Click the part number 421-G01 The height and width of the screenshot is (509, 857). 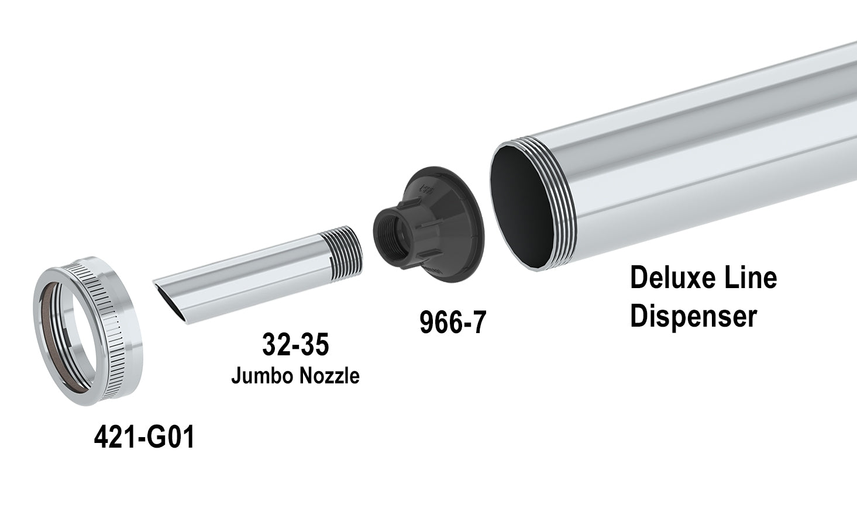[x=144, y=437]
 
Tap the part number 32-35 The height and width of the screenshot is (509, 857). [x=295, y=345]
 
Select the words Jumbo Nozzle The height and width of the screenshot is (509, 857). [x=295, y=376]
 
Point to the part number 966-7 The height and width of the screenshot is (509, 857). [x=453, y=322]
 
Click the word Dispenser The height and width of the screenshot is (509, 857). [x=693, y=316]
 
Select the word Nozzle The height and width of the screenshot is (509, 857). [x=329, y=376]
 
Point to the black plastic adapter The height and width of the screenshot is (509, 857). [x=430, y=225]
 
